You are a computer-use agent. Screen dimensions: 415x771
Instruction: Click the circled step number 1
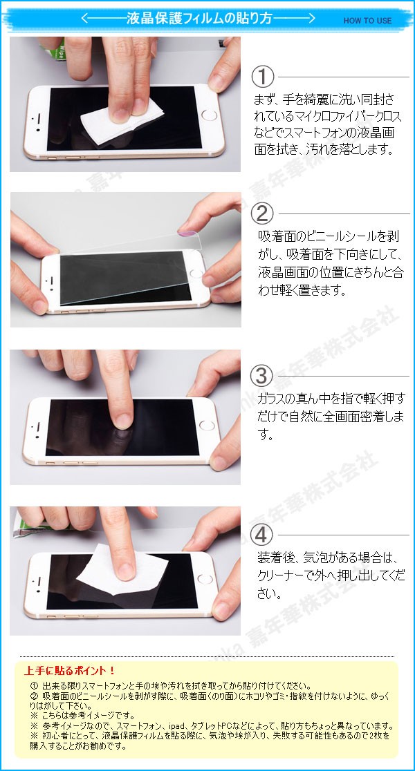263,77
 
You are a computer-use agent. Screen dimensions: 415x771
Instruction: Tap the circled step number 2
262,213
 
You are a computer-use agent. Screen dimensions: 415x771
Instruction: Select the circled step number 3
261,376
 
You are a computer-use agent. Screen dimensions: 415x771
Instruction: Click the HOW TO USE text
368,21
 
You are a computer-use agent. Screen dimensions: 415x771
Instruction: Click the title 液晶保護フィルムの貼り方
199,19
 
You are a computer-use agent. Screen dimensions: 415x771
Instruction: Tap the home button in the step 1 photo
209,115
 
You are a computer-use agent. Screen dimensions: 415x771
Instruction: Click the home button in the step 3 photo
207,426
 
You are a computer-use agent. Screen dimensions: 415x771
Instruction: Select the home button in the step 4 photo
205,579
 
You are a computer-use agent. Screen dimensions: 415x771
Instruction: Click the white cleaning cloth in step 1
122,120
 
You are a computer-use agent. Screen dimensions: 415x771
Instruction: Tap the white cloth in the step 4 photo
122,571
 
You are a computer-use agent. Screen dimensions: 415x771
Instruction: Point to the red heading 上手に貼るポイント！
70,670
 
